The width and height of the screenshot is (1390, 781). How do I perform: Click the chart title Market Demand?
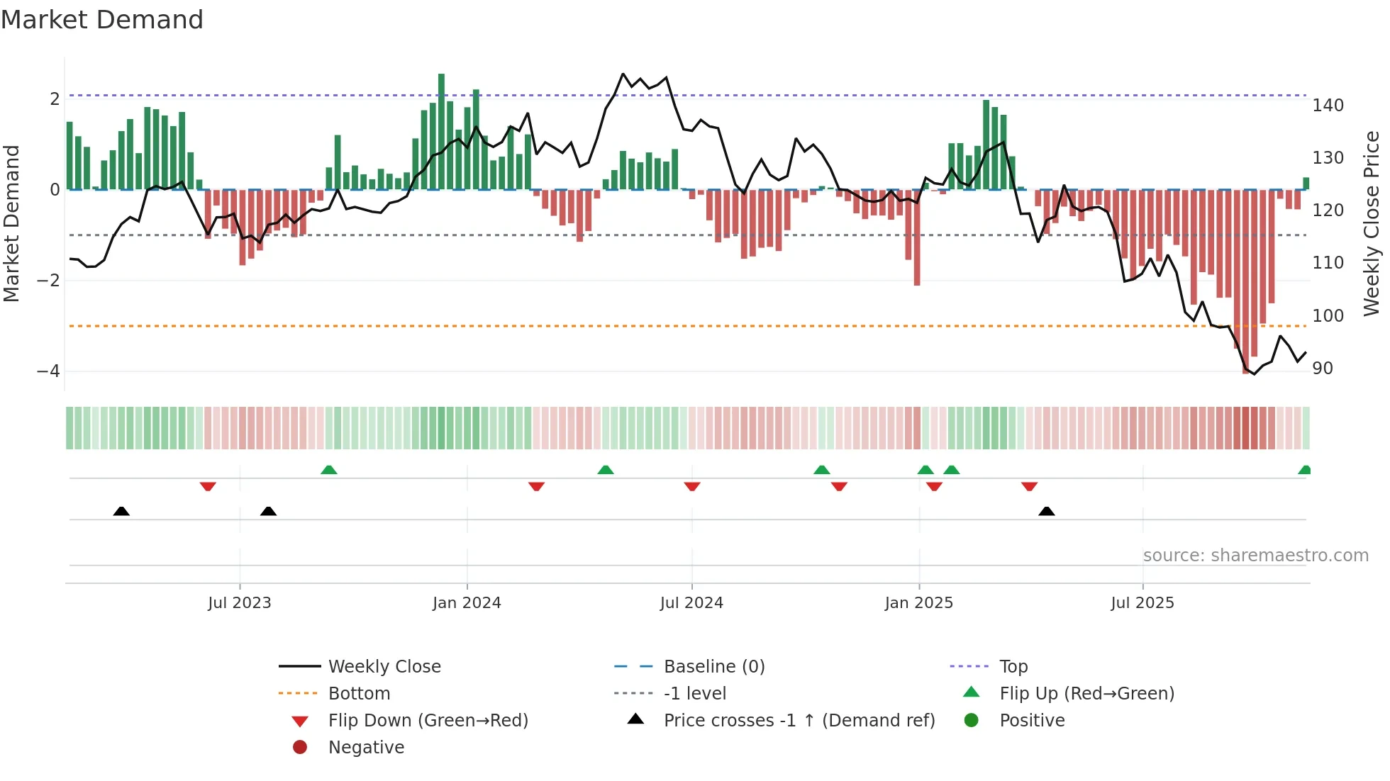click(x=102, y=20)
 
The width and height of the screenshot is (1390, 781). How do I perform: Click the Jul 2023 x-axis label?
click(x=240, y=603)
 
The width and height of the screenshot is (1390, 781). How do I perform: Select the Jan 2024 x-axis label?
click(x=467, y=603)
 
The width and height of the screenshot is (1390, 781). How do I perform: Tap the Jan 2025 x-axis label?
click(x=919, y=603)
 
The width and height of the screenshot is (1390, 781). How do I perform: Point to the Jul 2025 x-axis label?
click(x=1142, y=603)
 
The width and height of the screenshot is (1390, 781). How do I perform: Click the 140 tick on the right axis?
click(x=1328, y=106)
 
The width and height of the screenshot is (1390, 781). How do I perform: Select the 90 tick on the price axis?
click(x=1323, y=369)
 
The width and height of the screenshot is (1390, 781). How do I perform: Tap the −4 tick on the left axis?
click(x=48, y=371)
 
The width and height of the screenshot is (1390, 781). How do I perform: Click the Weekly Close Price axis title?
click(x=1372, y=223)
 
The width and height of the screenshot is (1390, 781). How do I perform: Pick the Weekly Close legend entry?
click(x=384, y=667)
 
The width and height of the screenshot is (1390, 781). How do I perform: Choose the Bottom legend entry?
click(x=359, y=694)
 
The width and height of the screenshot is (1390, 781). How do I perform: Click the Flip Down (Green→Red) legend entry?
click(x=428, y=721)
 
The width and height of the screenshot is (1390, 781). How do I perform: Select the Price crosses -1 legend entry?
click(x=799, y=721)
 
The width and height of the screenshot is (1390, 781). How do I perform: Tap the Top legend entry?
click(x=1013, y=667)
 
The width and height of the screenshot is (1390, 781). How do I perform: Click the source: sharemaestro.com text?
click(x=1255, y=556)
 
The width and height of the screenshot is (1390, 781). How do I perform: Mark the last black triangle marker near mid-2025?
click(x=1047, y=511)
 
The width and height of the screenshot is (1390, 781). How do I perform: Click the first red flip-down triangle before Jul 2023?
click(x=208, y=486)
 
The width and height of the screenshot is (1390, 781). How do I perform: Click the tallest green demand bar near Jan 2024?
click(x=441, y=131)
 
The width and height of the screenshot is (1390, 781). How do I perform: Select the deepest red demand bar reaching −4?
click(x=1246, y=283)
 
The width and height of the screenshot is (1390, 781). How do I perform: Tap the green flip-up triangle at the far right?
click(x=1304, y=470)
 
